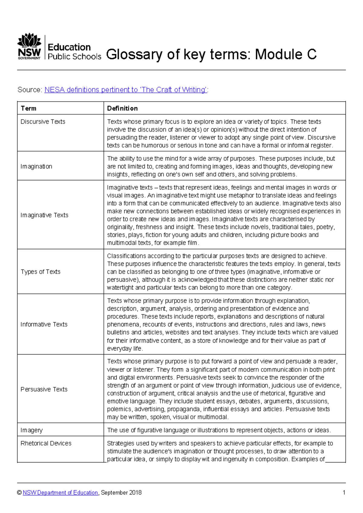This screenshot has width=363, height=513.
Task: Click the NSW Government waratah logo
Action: (29, 46)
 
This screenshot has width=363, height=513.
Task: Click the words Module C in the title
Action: (286, 54)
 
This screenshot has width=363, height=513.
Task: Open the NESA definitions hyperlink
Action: (126, 90)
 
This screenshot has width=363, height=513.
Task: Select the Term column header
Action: (28, 108)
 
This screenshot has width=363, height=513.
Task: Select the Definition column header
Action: (122, 108)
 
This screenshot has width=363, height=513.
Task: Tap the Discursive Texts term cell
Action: (43, 122)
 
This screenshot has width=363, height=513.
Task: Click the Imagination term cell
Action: (36, 166)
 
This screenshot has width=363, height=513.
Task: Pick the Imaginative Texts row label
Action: (44, 215)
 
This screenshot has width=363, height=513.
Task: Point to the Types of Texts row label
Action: (41, 272)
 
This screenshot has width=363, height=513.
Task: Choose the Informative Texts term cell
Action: (44, 324)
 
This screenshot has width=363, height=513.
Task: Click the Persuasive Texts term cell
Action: (44, 389)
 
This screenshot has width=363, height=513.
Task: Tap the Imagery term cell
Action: (31, 430)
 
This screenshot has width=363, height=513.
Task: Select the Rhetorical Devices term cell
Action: (46, 443)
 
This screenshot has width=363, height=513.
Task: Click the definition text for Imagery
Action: (219, 430)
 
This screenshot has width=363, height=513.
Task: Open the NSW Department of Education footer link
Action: (60, 493)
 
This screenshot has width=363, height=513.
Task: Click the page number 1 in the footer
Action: (344, 493)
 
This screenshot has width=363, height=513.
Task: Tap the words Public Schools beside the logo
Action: (74, 57)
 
